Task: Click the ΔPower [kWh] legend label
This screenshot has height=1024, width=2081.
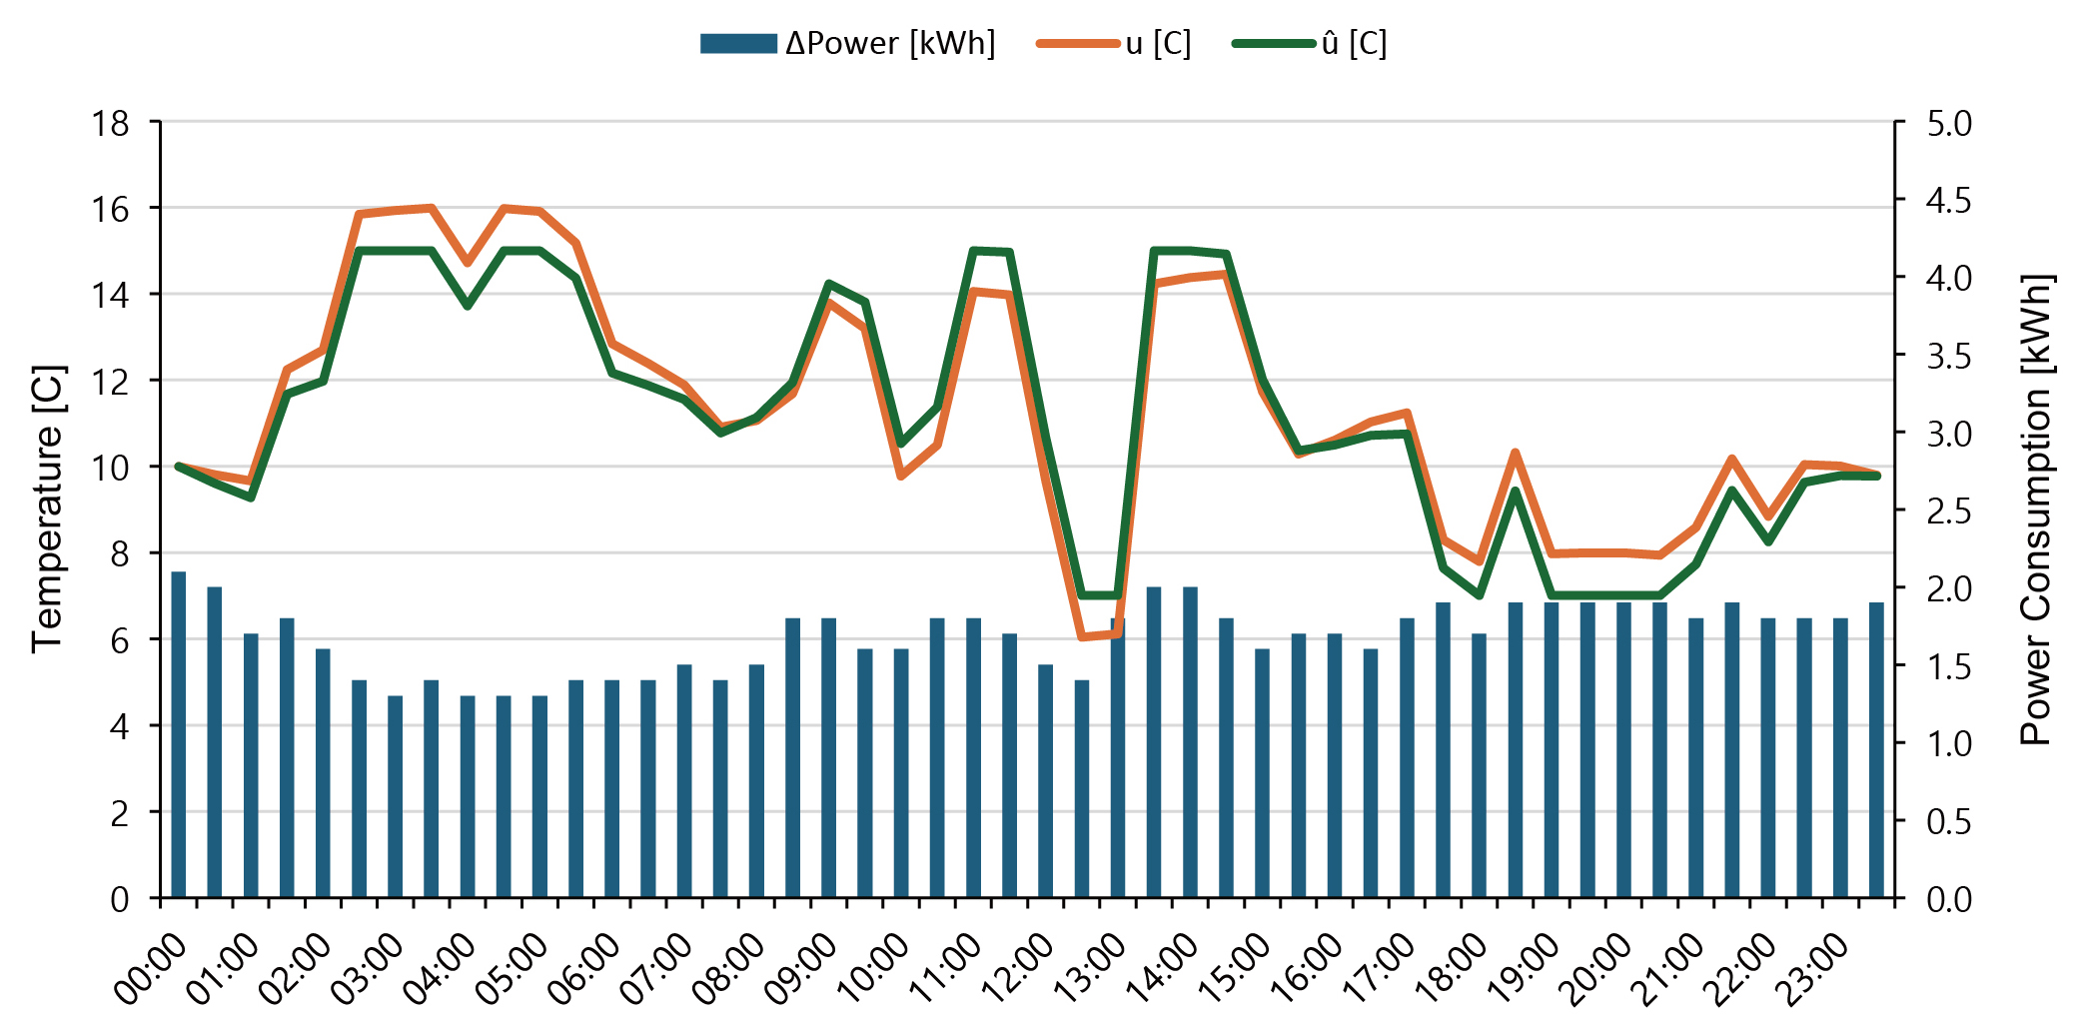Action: pos(889,44)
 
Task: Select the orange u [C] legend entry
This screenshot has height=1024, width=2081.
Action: pos(1158,44)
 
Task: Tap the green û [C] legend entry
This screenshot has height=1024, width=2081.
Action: pos(1354,44)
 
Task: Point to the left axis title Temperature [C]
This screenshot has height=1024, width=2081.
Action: pos(48,510)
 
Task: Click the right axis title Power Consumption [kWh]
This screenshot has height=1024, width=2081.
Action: pos(2035,510)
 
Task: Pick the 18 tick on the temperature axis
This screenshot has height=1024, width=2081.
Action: pos(111,124)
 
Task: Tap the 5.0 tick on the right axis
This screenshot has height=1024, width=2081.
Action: pos(1949,124)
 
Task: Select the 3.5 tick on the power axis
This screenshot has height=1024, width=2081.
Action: pos(1949,357)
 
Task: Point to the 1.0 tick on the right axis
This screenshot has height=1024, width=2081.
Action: pos(1949,744)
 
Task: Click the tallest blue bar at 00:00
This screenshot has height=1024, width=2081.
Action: pos(179,734)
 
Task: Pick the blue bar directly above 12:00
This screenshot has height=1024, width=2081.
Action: pos(1046,780)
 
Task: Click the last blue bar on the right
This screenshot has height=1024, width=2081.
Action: pos(1877,749)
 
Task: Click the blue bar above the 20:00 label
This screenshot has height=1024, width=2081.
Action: pos(1624,749)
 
